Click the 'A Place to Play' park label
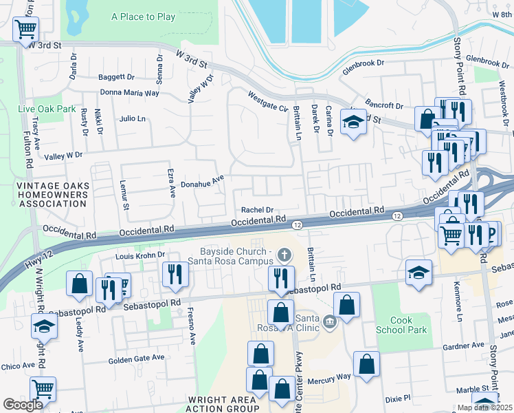point(143,17)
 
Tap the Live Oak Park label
point(46,109)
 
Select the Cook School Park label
point(410,325)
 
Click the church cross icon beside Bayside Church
point(284,255)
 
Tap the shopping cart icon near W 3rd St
point(25,29)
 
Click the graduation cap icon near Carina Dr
point(353,123)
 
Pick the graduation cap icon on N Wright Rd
point(44,326)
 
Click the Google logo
point(23,405)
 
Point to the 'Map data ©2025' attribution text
point(484,407)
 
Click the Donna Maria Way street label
point(130,92)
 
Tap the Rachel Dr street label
point(257,210)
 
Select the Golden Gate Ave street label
point(137,357)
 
